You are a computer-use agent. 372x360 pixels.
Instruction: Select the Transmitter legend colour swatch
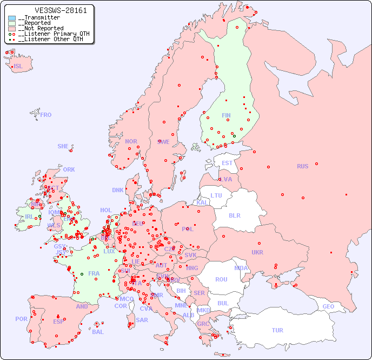click(12, 18)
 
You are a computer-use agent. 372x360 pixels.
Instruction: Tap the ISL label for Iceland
click(18, 67)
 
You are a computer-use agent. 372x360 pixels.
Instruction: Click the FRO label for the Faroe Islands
click(46, 115)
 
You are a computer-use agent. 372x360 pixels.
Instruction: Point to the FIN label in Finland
click(226, 115)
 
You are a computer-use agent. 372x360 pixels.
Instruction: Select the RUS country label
click(302, 166)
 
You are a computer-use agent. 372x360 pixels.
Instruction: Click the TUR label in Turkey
click(277, 330)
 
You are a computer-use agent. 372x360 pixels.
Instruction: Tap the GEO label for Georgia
click(328, 306)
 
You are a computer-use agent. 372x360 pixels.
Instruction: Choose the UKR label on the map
click(257, 252)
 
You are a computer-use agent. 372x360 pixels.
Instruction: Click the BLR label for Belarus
click(234, 215)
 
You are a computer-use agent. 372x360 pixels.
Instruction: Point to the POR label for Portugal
click(21, 319)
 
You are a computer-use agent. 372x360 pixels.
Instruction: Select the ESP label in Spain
click(58, 322)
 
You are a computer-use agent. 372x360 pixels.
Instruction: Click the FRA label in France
click(94, 273)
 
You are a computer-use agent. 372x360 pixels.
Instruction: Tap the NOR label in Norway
click(131, 141)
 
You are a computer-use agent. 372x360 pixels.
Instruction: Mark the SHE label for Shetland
click(63, 146)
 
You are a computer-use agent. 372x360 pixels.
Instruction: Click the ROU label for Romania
click(221, 279)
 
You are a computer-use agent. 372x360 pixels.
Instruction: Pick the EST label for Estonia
click(227, 163)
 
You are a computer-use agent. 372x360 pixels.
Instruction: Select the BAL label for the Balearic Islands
click(98, 332)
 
